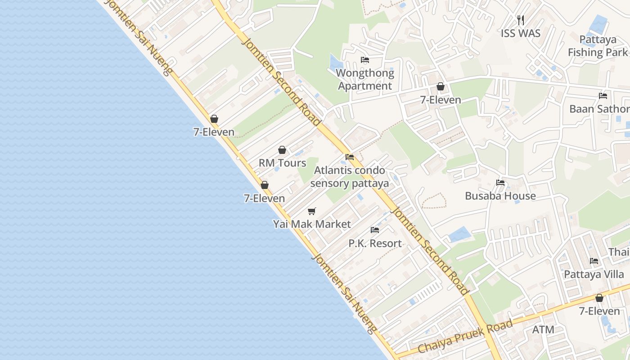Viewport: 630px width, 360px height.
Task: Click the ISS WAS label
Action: coord(521,33)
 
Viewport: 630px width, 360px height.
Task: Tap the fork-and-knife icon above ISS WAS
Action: coord(521,20)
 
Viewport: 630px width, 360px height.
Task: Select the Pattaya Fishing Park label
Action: coord(598,46)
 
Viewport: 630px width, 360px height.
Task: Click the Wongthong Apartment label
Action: coord(365,79)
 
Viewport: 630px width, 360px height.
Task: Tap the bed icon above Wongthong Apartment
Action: coord(365,60)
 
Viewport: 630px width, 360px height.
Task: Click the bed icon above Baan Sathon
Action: coord(603,96)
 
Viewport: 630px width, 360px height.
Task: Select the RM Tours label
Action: coord(282,163)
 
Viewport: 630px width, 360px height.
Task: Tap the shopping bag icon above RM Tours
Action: coord(282,150)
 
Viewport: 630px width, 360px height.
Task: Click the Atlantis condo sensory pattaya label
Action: coord(349,177)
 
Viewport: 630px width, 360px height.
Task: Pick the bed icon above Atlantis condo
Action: coord(350,157)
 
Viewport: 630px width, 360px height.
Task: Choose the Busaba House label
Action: coord(500,196)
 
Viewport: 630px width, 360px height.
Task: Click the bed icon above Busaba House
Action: coord(500,183)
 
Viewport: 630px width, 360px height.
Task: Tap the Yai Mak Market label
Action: coord(312,224)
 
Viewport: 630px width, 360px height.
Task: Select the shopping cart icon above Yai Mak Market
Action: coord(312,211)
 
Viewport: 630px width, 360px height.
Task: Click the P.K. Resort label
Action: coord(375,243)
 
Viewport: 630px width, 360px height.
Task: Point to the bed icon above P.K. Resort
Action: coord(375,230)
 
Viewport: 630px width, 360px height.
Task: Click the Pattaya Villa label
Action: coord(594,274)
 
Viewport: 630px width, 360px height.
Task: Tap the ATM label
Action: coord(543,329)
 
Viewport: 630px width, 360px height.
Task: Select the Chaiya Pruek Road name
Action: coord(465,337)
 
